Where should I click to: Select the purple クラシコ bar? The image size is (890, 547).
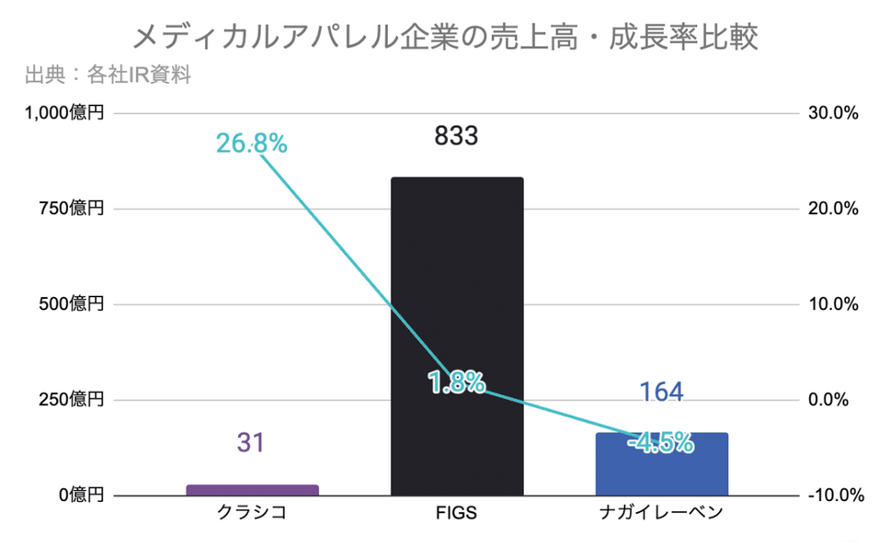pos(252,490)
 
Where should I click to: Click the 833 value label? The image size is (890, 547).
pos(457,137)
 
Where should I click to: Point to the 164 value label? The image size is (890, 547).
pos(661,393)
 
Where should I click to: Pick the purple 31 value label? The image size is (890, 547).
pos(251,443)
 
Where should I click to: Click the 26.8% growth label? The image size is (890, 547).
pos(251,143)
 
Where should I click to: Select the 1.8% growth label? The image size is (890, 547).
pos(457,382)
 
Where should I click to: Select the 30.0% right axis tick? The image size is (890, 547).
pos(834,113)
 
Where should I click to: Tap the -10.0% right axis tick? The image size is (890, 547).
pos(832,496)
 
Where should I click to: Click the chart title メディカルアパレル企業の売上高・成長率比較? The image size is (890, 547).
pos(445,37)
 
